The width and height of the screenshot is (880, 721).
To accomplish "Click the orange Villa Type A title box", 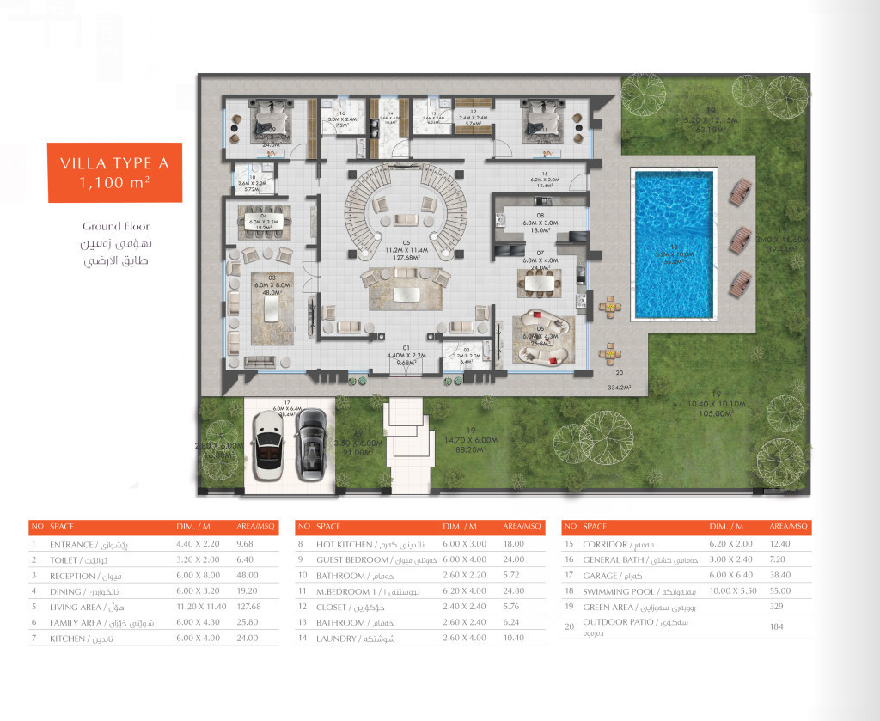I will coord(114,172).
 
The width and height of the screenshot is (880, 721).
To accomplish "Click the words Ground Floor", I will coord(115,227).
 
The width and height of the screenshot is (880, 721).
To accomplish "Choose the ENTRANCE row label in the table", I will coord(72,544).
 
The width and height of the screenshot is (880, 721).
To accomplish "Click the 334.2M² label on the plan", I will coord(619,388).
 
